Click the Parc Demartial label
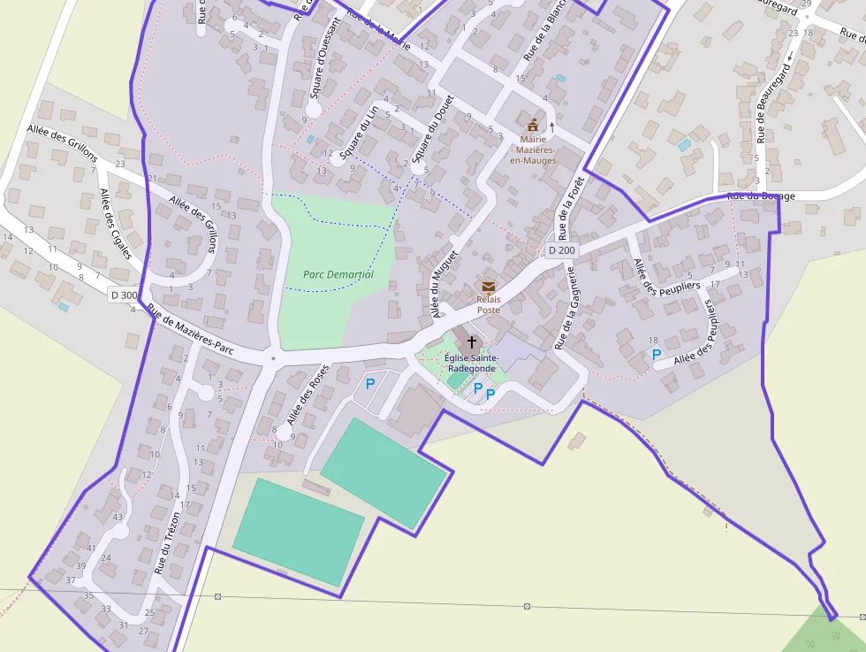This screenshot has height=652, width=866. click(x=338, y=274)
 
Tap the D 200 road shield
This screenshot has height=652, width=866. click(x=561, y=250)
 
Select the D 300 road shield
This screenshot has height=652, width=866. click(x=125, y=295)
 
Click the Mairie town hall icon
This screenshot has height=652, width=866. click(x=533, y=126)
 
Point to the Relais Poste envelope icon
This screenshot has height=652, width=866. click(x=489, y=287)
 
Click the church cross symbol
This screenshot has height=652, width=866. click(x=472, y=341)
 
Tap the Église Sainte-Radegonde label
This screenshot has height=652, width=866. click(x=471, y=363)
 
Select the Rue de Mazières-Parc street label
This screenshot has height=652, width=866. click(x=190, y=329)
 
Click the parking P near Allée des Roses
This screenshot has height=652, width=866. click(x=370, y=384)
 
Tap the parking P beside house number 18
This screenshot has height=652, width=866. click(x=657, y=354)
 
